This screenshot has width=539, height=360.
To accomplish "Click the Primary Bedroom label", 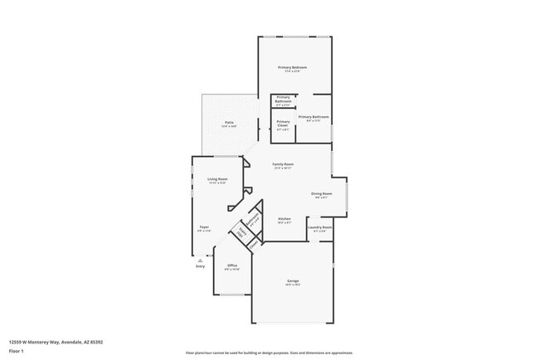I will tap(292, 67).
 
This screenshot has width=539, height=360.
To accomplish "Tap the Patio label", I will tap(228, 124).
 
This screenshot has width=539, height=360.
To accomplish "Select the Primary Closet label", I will tap(283, 124).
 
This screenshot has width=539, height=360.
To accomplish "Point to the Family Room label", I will tap(284, 164).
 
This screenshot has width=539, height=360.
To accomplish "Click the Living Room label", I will tap(217, 179).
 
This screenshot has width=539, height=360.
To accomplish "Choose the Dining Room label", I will tap(321, 194).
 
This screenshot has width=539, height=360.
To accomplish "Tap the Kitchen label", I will tap(284, 220).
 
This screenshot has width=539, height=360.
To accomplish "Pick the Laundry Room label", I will tap(320, 227).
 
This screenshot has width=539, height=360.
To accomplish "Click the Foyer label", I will tap(203, 228).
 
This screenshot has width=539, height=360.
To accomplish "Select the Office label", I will tap(232, 265).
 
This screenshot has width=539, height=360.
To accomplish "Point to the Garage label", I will tap(293, 281).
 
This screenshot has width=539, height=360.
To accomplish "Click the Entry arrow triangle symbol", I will tap(200, 260).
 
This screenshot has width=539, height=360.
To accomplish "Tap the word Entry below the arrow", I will tap(200, 266).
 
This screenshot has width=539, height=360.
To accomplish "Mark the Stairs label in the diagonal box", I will tap(243, 233).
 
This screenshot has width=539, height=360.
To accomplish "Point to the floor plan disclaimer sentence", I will tap(269, 353).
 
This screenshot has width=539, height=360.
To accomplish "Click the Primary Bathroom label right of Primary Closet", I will tap(313, 118).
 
